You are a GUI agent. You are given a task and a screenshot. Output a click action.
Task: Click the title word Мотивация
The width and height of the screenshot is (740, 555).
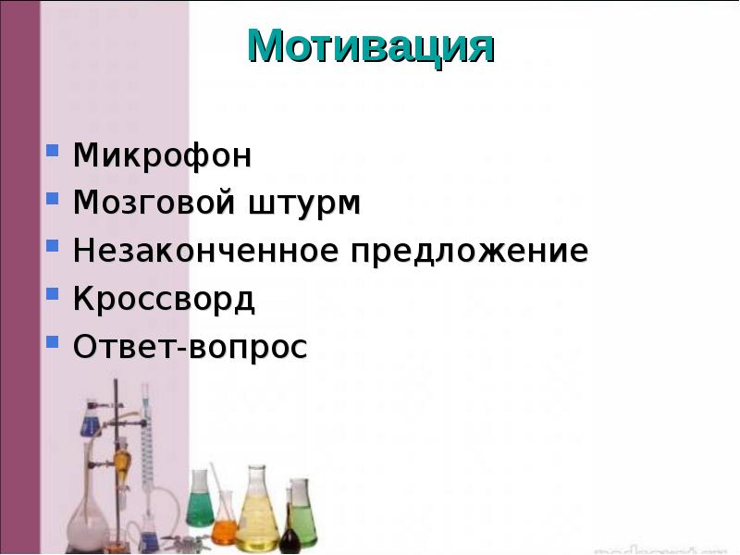(370, 46)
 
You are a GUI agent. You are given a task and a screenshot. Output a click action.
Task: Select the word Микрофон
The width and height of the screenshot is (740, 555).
(162, 155)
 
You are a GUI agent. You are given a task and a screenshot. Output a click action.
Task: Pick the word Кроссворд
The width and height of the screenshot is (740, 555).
(164, 300)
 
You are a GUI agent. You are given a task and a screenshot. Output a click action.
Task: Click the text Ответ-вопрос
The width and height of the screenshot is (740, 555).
(190, 348)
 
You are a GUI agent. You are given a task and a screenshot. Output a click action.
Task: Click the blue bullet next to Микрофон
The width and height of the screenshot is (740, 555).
(54, 150)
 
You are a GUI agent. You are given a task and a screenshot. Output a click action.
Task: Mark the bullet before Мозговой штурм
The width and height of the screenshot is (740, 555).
(54, 198)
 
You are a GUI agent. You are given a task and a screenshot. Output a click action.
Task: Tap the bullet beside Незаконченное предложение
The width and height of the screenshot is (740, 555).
(54, 246)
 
